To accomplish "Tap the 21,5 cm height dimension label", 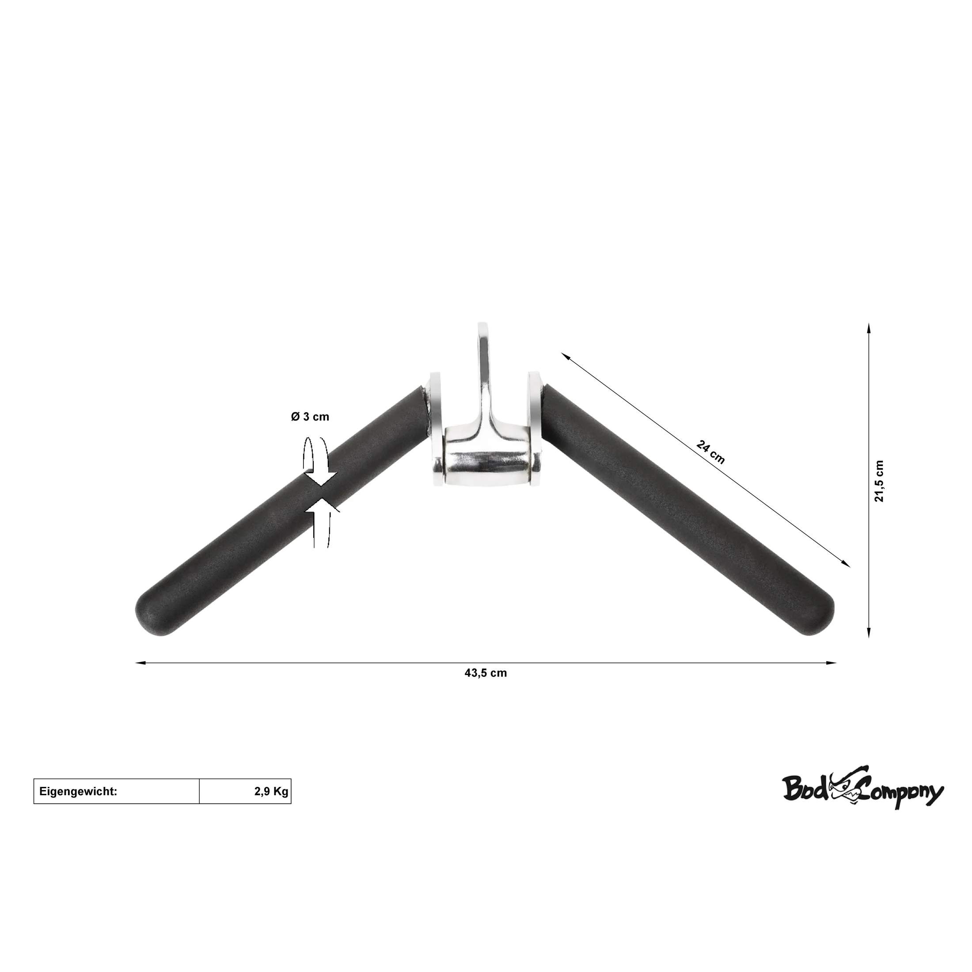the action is click(x=879, y=481).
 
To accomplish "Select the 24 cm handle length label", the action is click(x=710, y=452).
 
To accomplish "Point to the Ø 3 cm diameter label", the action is click(x=310, y=417).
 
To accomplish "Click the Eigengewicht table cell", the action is click(x=117, y=791).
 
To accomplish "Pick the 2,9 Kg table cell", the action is click(x=245, y=791).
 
